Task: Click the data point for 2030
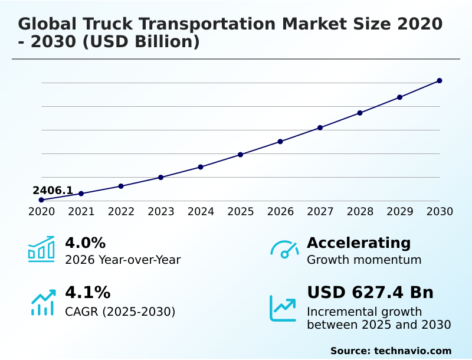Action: [x=440, y=80]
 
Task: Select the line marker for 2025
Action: [x=240, y=155]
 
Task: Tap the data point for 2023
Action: [x=160, y=177]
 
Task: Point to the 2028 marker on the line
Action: [x=360, y=113]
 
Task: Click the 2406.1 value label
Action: [x=53, y=190]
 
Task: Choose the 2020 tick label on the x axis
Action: [x=41, y=211]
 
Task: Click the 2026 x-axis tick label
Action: [x=280, y=211]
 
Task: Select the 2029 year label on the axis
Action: [x=399, y=211]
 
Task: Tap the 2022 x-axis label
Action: [x=121, y=211]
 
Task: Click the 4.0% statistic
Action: [x=85, y=243]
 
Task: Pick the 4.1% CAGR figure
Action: [x=87, y=292]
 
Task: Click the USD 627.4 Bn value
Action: [x=370, y=292]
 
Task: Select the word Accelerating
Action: [x=359, y=243]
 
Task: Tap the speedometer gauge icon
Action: [x=284, y=249]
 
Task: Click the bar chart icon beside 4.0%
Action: [x=41, y=249]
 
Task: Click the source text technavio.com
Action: [x=412, y=351]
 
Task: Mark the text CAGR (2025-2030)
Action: [x=120, y=312]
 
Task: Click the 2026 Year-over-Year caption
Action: [x=123, y=260]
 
